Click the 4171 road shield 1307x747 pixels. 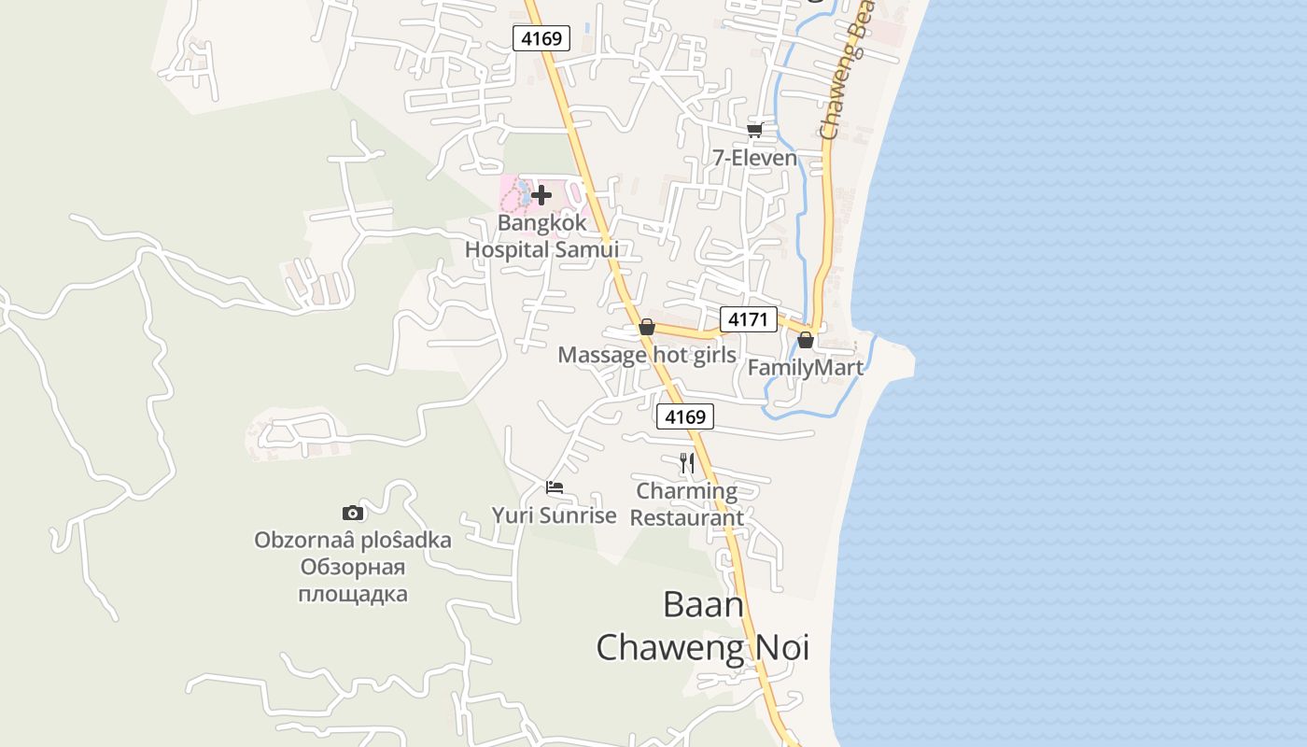pyautogui.click(x=748, y=319)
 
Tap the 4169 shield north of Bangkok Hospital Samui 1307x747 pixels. pyautogui.click(x=541, y=38)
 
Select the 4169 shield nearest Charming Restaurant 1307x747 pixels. pyautogui.click(x=685, y=416)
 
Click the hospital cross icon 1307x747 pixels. pyautogui.click(x=541, y=195)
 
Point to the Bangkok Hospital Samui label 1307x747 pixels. pyautogui.click(x=541, y=236)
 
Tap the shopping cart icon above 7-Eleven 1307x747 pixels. pyautogui.click(x=755, y=130)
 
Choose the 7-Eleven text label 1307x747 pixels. pyautogui.click(x=755, y=158)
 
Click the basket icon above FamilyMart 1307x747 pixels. pyautogui.click(x=806, y=340)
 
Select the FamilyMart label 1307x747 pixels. pyautogui.click(x=806, y=368)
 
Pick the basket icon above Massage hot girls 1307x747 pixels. pyautogui.click(x=646, y=327)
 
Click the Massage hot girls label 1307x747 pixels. pyautogui.click(x=647, y=355)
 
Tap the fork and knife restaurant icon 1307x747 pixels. pyautogui.click(x=687, y=462)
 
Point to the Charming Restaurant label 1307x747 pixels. pyautogui.click(x=687, y=504)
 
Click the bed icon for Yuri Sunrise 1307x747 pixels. pyautogui.click(x=555, y=487)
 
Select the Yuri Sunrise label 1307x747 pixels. pyautogui.click(x=555, y=515)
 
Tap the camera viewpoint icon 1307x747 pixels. pyautogui.click(x=353, y=513)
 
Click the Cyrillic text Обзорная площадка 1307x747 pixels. pyautogui.click(x=353, y=581)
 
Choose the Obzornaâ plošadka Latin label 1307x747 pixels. pyautogui.click(x=353, y=541)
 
